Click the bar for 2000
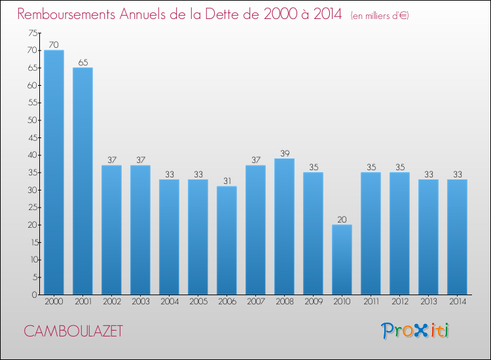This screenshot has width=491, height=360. (x=54, y=172)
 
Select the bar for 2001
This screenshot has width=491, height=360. (x=82, y=181)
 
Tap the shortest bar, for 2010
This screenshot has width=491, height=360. (x=342, y=259)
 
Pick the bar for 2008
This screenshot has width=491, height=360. (x=284, y=226)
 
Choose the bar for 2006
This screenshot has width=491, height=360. (x=227, y=240)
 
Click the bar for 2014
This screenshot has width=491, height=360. (x=457, y=236)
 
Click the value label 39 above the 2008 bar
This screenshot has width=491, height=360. (x=284, y=153)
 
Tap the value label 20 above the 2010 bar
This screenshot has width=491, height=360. (x=342, y=219)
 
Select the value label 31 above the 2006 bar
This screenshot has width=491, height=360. (x=227, y=181)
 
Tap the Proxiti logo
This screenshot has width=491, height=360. (x=416, y=331)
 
